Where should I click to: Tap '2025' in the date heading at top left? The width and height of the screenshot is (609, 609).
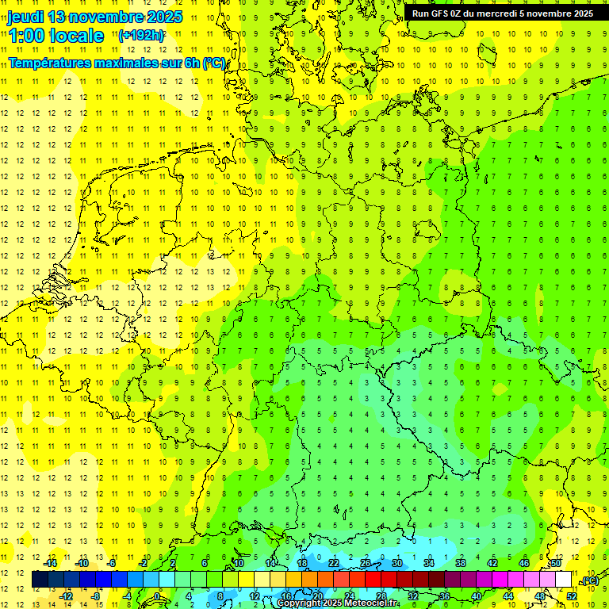pyautogui.click(x=159, y=17)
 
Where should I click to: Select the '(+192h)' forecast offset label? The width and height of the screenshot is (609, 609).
pyautogui.click(x=141, y=36)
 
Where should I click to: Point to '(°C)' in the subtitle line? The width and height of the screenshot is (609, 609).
pyautogui.click(x=213, y=63)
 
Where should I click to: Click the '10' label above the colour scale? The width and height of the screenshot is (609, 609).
pyautogui.click(x=238, y=563)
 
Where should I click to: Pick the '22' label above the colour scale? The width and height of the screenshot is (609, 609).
pyautogui.click(x=334, y=563)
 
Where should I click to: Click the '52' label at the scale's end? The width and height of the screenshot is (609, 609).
pyautogui.click(x=572, y=596)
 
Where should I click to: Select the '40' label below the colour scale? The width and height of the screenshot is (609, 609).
pyautogui.click(x=477, y=596)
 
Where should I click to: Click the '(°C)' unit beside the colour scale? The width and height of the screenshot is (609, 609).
pyautogui.click(x=590, y=581)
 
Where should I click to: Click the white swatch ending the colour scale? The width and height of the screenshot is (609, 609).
pyautogui.click(x=564, y=580)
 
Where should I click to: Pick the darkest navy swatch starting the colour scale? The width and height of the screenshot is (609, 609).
pyautogui.click(x=40, y=580)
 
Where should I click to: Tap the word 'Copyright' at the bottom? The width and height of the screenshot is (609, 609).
pyautogui.click(x=299, y=603)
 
